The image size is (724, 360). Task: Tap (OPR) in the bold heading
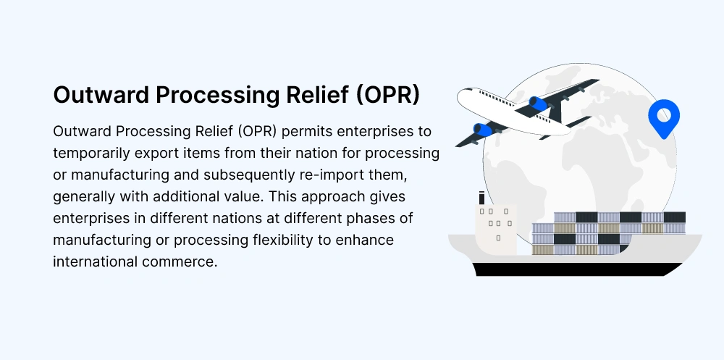(x=388, y=95)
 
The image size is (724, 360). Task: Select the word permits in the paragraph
(x=307, y=132)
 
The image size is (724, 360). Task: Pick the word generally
(x=84, y=197)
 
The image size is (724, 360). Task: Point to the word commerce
(x=180, y=262)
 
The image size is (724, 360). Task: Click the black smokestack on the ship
(x=481, y=198)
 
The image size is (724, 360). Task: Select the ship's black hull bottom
(x=577, y=269)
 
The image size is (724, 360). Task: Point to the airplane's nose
(x=460, y=95)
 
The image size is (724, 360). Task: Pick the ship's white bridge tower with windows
(x=496, y=229)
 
